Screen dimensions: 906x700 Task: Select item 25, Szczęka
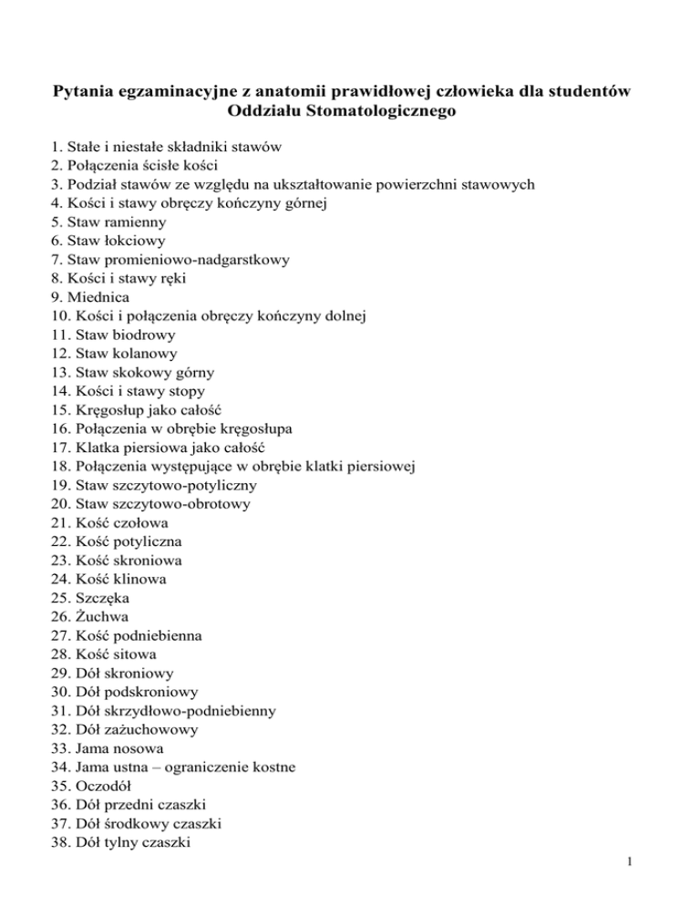(84, 597)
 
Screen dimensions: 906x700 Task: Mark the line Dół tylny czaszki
(111, 842)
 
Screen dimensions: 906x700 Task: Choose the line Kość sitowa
(98, 654)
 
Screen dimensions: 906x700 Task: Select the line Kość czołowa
(103, 522)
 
